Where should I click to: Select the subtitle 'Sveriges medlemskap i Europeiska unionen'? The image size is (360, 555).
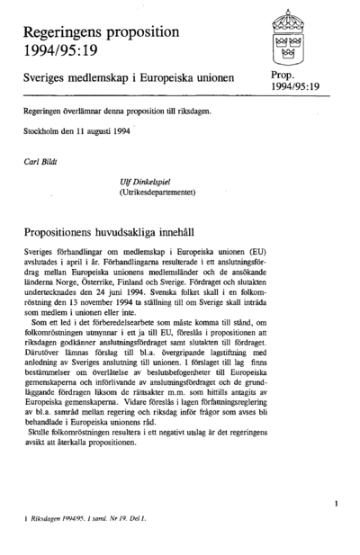[129, 79]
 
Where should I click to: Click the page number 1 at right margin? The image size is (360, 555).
[334, 505]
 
